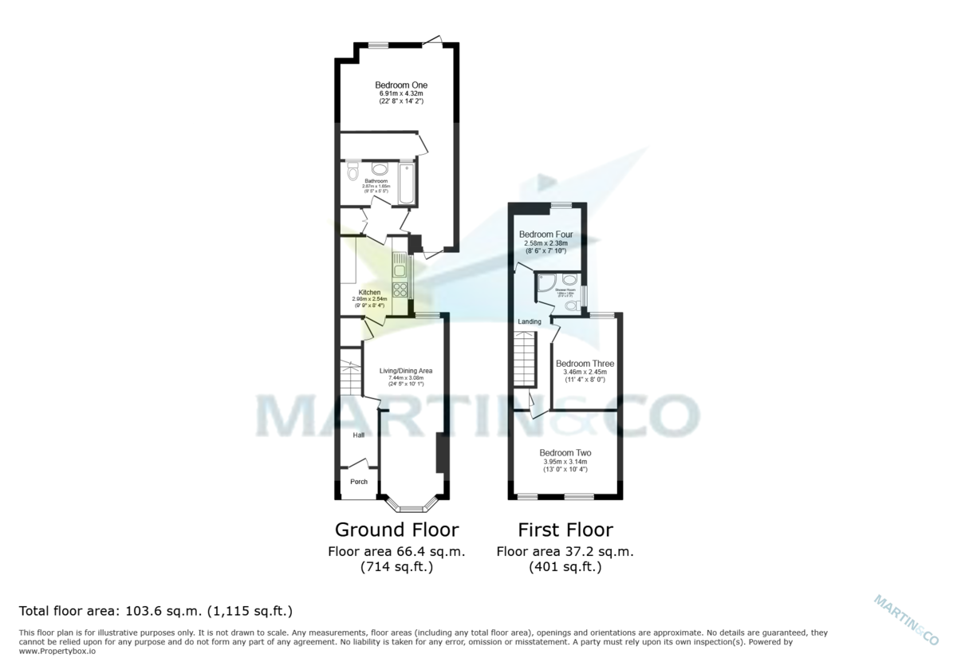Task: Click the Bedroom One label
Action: coord(401,85)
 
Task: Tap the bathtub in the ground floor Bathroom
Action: coord(407,183)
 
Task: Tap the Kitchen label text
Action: coord(369,293)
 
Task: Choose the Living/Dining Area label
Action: coord(405,371)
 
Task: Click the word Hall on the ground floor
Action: coord(359,436)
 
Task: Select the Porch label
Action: coord(359,482)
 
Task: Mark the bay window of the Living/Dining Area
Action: coord(412,505)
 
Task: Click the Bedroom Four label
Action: coord(546,235)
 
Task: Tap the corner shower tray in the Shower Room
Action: coord(546,283)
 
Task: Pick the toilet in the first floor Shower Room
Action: coord(570,305)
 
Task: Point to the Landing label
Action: coord(530,321)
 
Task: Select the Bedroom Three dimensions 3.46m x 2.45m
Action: coord(585,372)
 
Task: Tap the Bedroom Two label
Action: coord(565,452)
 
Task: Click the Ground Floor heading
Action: coord(396,530)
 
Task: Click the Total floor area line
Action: coord(156,612)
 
